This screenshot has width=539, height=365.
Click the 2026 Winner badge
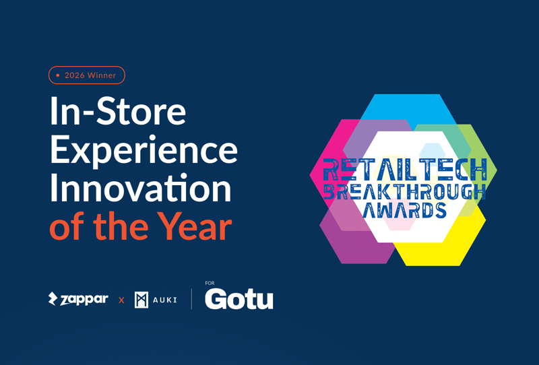(x=87, y=75)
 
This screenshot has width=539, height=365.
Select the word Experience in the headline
(x=144, y=152)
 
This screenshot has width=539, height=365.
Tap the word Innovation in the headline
(x=140, y=190)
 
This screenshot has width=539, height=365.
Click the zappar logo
(x=78, y=299)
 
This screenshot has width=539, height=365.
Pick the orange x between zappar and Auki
(x=121, y=300)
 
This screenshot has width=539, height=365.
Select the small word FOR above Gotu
(x=210, y=284)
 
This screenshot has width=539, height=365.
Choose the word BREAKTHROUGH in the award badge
(x=403, y=191)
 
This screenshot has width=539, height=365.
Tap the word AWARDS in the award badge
(x=404, y=210)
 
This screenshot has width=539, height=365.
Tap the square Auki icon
(x=141, y=300)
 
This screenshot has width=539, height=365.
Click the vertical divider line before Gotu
(x=192, y=299)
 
